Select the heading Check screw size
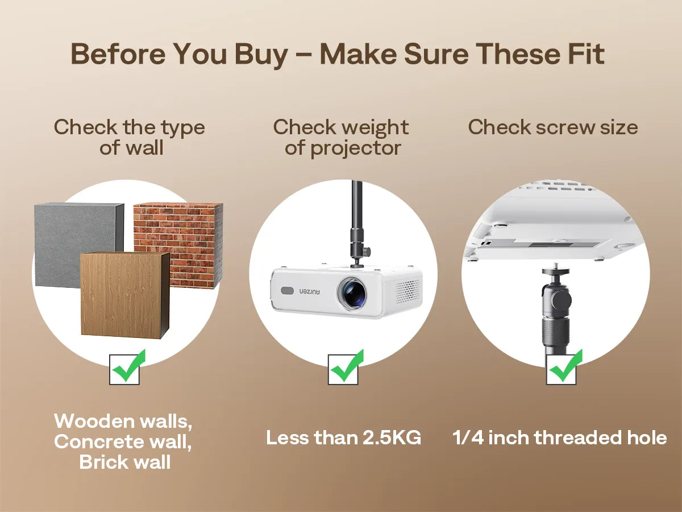(553, 127)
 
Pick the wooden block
(125, 294)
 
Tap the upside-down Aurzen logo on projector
(310, 292)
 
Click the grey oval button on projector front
(287, 291)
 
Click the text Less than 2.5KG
(343, 437)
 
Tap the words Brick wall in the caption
(125, 462)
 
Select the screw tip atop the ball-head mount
(551, 266)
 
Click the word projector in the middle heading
(355, 149)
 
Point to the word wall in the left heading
(145, 147)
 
